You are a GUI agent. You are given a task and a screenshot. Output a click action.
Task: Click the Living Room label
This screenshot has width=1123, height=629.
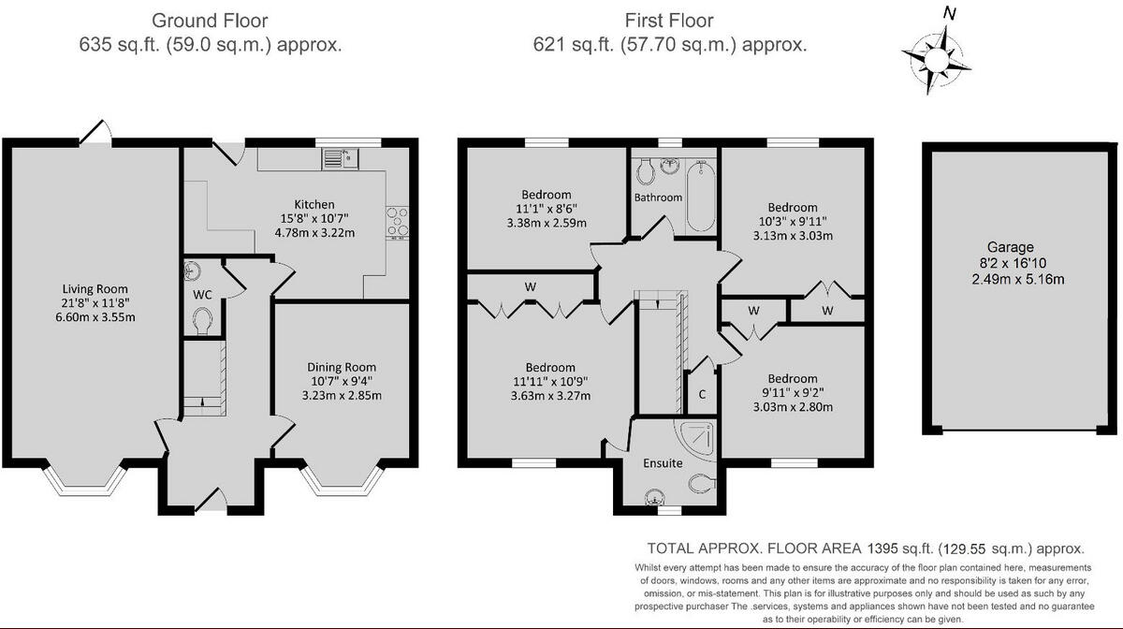click(x=95, y=289)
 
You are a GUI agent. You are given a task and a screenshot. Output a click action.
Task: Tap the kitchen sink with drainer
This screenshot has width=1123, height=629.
click(x=340, y=158)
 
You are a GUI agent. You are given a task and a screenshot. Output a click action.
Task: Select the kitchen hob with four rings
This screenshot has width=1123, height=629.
click(x=398, y=222)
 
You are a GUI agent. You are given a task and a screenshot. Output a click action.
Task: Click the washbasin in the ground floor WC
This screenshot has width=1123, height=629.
click(x=192, y=271)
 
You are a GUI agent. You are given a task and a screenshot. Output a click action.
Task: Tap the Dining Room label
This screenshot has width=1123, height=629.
click(x=342, y=367)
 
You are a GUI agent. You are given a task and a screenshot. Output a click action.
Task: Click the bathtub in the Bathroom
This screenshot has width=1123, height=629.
click(x=700, y=197)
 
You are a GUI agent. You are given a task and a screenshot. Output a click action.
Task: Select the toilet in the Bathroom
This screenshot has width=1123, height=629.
click(x=645, y=171)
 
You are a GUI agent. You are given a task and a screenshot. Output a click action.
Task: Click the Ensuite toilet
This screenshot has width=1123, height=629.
click(x=703, y=484)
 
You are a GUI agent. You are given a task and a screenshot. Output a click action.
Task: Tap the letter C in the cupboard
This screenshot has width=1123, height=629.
click(x=702, y=394)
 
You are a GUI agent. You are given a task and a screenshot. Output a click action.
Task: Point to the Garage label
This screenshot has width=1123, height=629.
click(x=1010, y=247)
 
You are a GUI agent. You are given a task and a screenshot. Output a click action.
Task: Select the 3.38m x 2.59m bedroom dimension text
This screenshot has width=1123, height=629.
click(x=547, y=223)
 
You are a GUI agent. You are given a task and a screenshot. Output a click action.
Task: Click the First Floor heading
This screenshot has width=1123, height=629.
click(x=669, y=21)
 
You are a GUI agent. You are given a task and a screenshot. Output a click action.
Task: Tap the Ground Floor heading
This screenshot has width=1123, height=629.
click(x=210, y=21)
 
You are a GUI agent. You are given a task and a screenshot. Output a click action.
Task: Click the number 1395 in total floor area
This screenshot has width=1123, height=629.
click(x=882, y=549)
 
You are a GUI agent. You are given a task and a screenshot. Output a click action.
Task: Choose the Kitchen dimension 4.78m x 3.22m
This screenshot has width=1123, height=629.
click(x=314, y=233)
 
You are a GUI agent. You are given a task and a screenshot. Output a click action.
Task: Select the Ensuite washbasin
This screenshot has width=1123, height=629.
click(x=655, y=497)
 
